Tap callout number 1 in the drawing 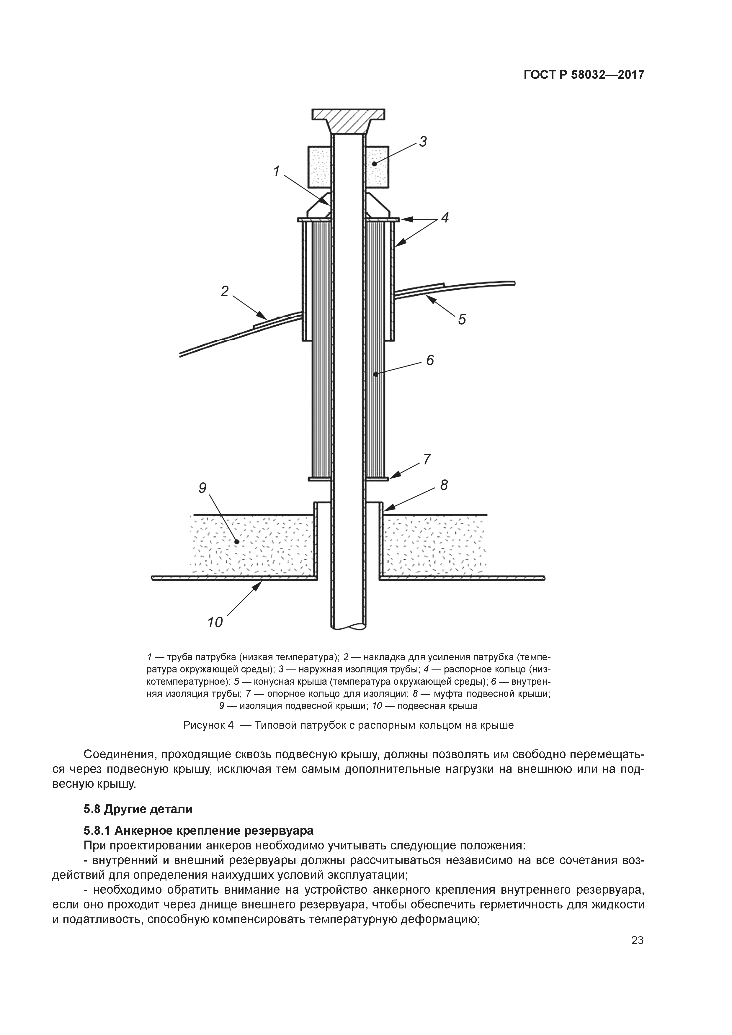point(277,172)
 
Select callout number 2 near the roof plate point(225,291)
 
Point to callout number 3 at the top point(423,142)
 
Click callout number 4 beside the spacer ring point(445,218)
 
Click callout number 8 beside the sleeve point(444,485)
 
